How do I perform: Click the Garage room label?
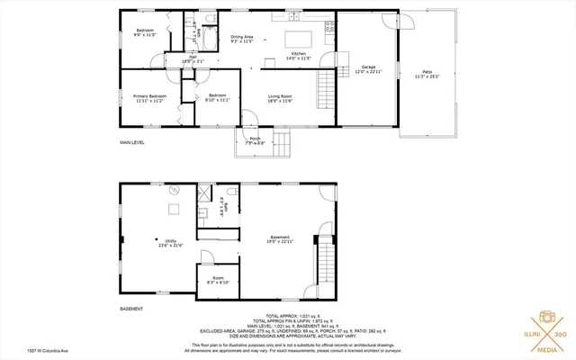tap(368, 68)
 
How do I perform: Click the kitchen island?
tap(299, 39)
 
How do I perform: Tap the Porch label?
tap(256, 140)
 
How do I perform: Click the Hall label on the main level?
tap(193, 58)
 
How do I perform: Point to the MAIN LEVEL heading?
tap(132, 142)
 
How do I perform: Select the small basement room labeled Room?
tap(219, 280)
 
